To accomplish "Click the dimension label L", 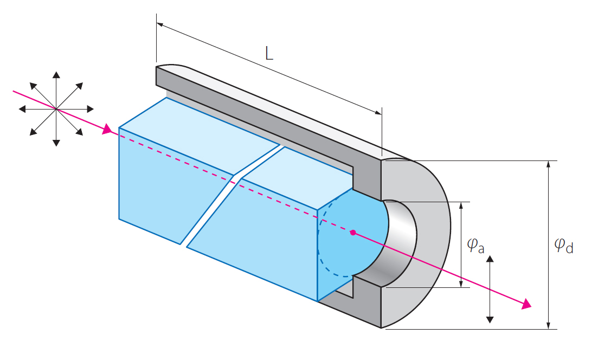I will pos(269,53).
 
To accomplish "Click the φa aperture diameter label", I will pos(475,246).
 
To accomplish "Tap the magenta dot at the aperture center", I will pos(353,233).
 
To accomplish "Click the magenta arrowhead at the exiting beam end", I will pos(526,305).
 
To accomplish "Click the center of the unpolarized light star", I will pos(56,109).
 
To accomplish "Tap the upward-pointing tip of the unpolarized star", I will pos(56,74).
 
